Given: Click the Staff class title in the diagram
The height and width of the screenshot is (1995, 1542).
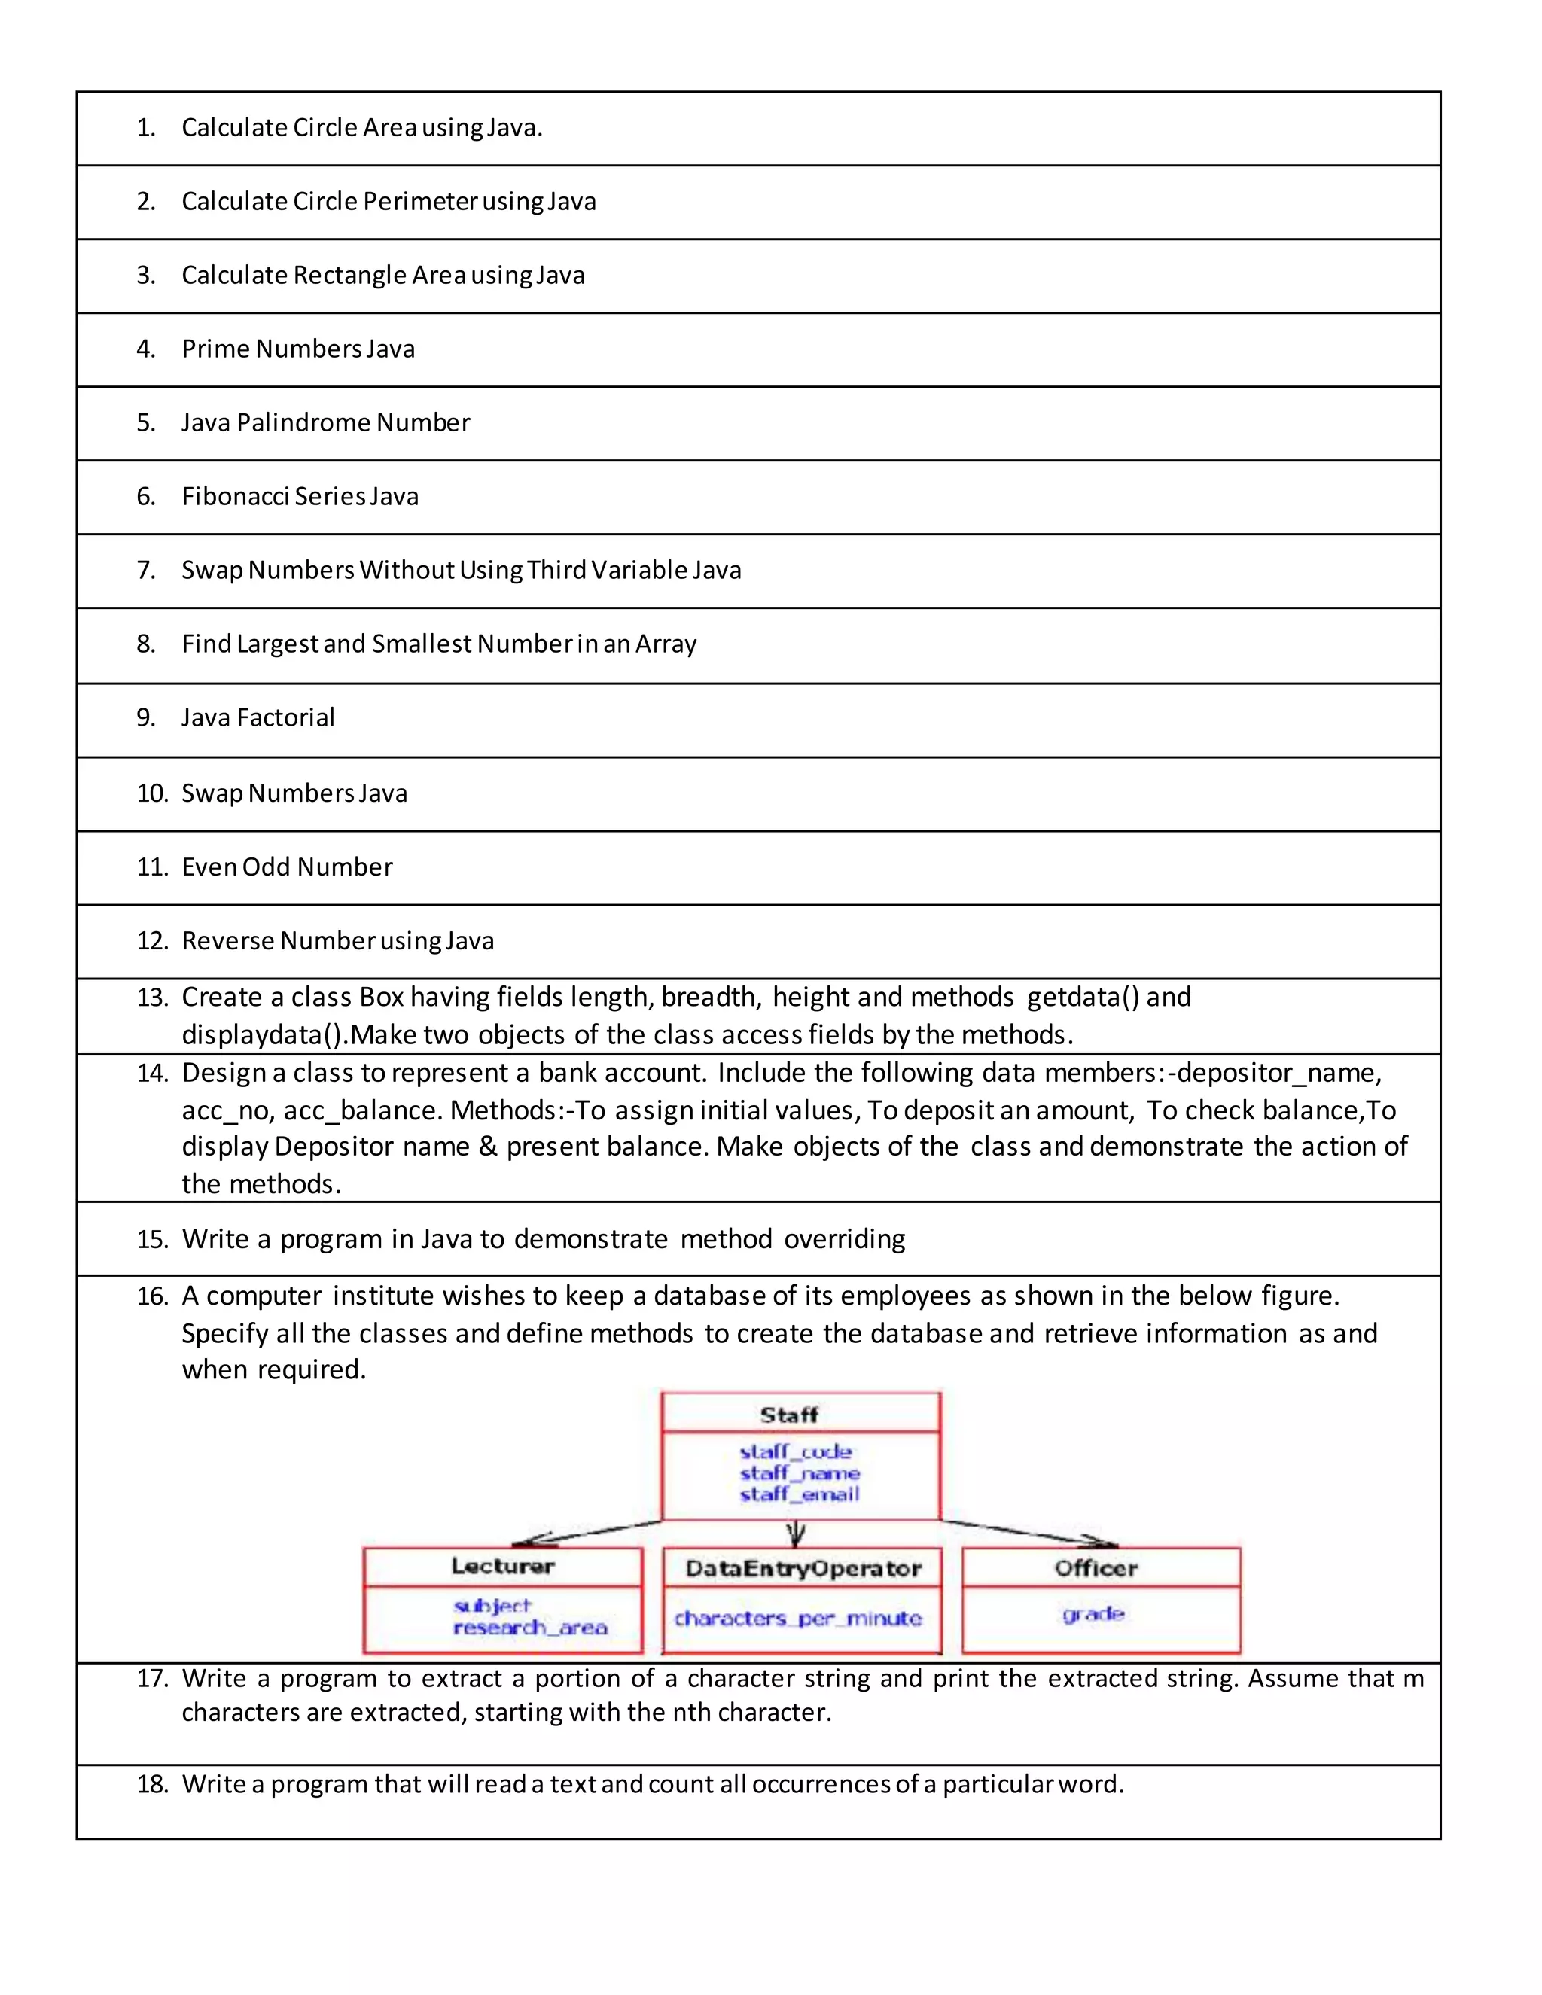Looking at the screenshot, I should tap(788, 1415).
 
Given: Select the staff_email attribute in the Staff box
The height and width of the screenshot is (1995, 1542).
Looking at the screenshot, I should tap(800, 1494).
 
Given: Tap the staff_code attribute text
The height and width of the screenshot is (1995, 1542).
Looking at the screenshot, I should tap(795, 1451).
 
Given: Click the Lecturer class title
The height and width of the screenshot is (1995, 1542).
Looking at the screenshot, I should tap(502, 1567).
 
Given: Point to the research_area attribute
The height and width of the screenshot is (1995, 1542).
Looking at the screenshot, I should tap(530, 1628).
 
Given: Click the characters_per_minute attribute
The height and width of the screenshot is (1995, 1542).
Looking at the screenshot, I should tap(797, 1618).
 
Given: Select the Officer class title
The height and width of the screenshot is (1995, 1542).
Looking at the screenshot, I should tap(1096, 1568).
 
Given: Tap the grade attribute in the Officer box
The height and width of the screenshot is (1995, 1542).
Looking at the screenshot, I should tap(1093, 1614).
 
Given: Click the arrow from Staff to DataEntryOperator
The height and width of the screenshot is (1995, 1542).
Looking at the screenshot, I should tap(796, 1534).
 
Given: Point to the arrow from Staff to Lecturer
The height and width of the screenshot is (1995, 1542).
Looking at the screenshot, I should tap(584, 1534).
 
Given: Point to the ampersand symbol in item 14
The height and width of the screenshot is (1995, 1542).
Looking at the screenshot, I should tap(488, 1147).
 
